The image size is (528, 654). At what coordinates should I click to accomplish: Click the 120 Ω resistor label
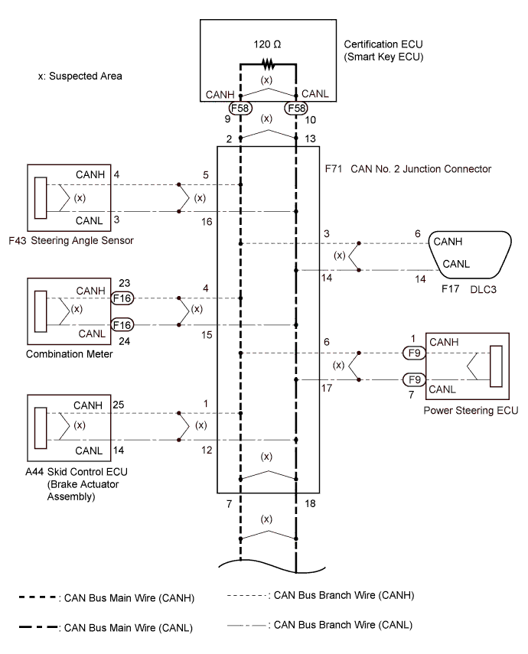click(267, 44)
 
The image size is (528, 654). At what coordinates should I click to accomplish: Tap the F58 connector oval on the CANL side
click(296, 108)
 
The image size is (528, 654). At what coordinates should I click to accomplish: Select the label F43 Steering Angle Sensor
click(70, 240)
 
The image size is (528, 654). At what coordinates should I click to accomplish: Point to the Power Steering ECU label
click(471, 410)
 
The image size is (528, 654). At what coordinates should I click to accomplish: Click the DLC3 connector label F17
click(449, 290)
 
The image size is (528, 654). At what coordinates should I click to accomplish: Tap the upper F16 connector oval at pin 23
click(123, 297)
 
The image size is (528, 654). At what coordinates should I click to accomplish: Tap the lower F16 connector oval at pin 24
click(123, 325)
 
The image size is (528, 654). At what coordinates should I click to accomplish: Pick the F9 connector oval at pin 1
click(414, 353)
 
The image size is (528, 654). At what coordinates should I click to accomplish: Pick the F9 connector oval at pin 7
click(414, 379)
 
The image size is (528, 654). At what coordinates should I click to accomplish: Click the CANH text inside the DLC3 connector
click(450, 242)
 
